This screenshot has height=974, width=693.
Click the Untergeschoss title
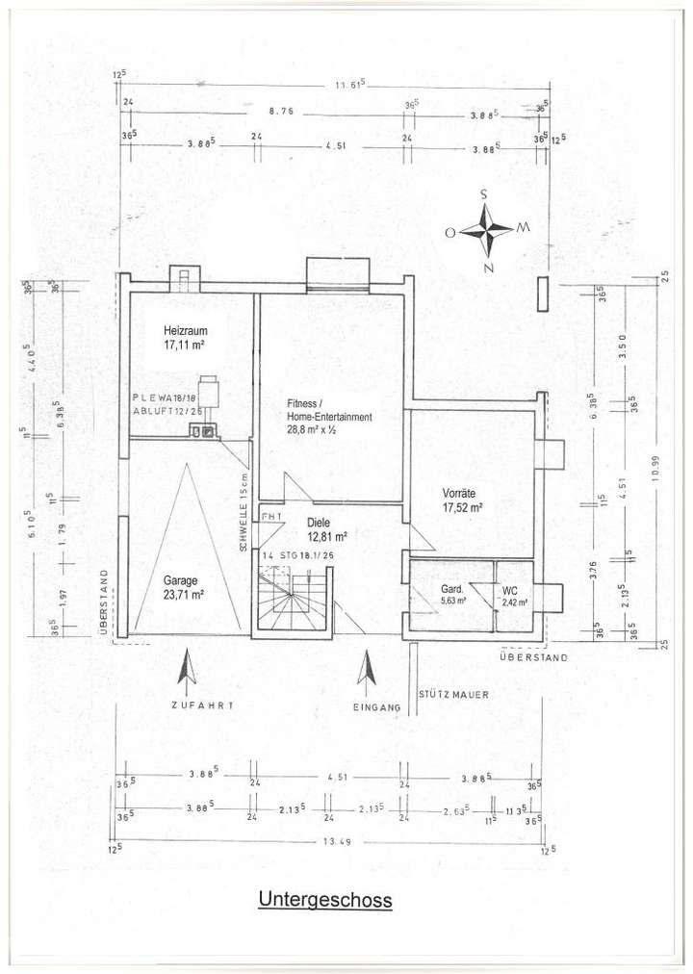pos(324,900)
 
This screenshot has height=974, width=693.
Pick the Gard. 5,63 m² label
pos(452,595)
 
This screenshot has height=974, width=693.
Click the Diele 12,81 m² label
pos(324,530)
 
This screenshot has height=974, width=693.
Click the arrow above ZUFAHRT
pos(189,669)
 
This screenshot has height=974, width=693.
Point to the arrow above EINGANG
pos(366,669)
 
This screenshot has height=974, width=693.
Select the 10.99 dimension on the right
pos(655,478)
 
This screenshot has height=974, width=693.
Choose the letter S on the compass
pos(484,193)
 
